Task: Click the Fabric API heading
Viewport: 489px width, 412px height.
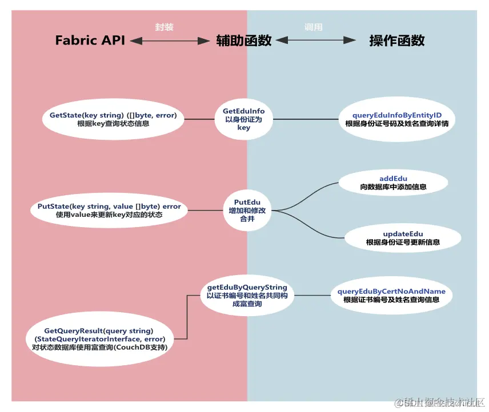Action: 90,41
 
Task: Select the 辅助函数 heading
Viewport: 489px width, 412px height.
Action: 244,41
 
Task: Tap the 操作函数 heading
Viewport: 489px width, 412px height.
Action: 397,41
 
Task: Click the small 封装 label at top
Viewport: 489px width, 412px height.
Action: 165,27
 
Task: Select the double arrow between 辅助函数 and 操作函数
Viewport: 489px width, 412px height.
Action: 315,41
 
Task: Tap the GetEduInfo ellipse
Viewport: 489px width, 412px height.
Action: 244,119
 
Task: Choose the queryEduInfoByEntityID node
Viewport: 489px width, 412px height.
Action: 397,119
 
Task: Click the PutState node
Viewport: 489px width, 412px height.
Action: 109,211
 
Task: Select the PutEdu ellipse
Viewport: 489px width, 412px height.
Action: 247,211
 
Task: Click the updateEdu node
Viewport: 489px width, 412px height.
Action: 403,238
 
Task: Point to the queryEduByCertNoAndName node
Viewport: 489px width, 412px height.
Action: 391,296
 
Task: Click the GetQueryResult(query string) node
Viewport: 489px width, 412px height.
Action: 99,339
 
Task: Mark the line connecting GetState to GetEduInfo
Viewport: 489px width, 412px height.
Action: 200,119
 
